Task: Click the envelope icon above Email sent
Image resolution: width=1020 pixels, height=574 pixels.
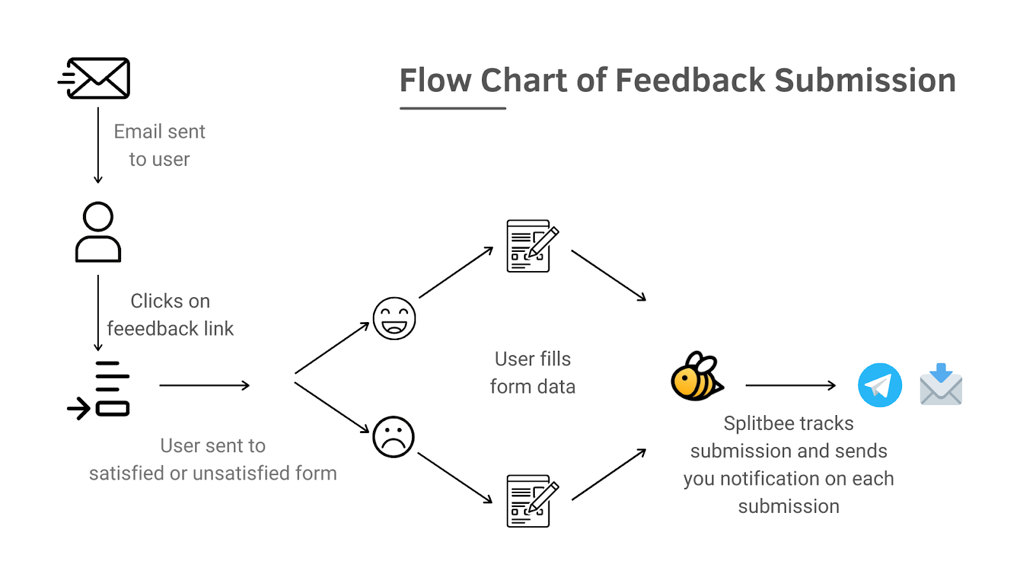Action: pos(94,78)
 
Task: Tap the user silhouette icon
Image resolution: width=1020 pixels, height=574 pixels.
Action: pos(98,232)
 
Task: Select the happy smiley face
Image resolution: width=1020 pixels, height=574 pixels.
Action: pos(395,318)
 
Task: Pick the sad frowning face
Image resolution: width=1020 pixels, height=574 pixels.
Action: pos(393,437)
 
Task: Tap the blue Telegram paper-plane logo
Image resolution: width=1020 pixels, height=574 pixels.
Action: pos(880,385)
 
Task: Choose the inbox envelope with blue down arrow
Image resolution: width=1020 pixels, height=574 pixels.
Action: pos(941,384)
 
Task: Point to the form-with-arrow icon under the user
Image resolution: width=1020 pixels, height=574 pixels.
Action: pos(98,390)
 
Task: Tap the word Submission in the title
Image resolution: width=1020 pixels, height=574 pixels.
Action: pos(865,80)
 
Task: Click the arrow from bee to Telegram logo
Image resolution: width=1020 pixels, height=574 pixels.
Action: pos(790,385)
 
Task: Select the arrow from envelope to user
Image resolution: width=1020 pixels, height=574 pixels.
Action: pos(98,145)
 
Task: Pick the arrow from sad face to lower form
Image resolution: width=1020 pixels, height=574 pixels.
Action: pos(455,478)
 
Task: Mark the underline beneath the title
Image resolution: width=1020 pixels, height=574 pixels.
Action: pos(453,108)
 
